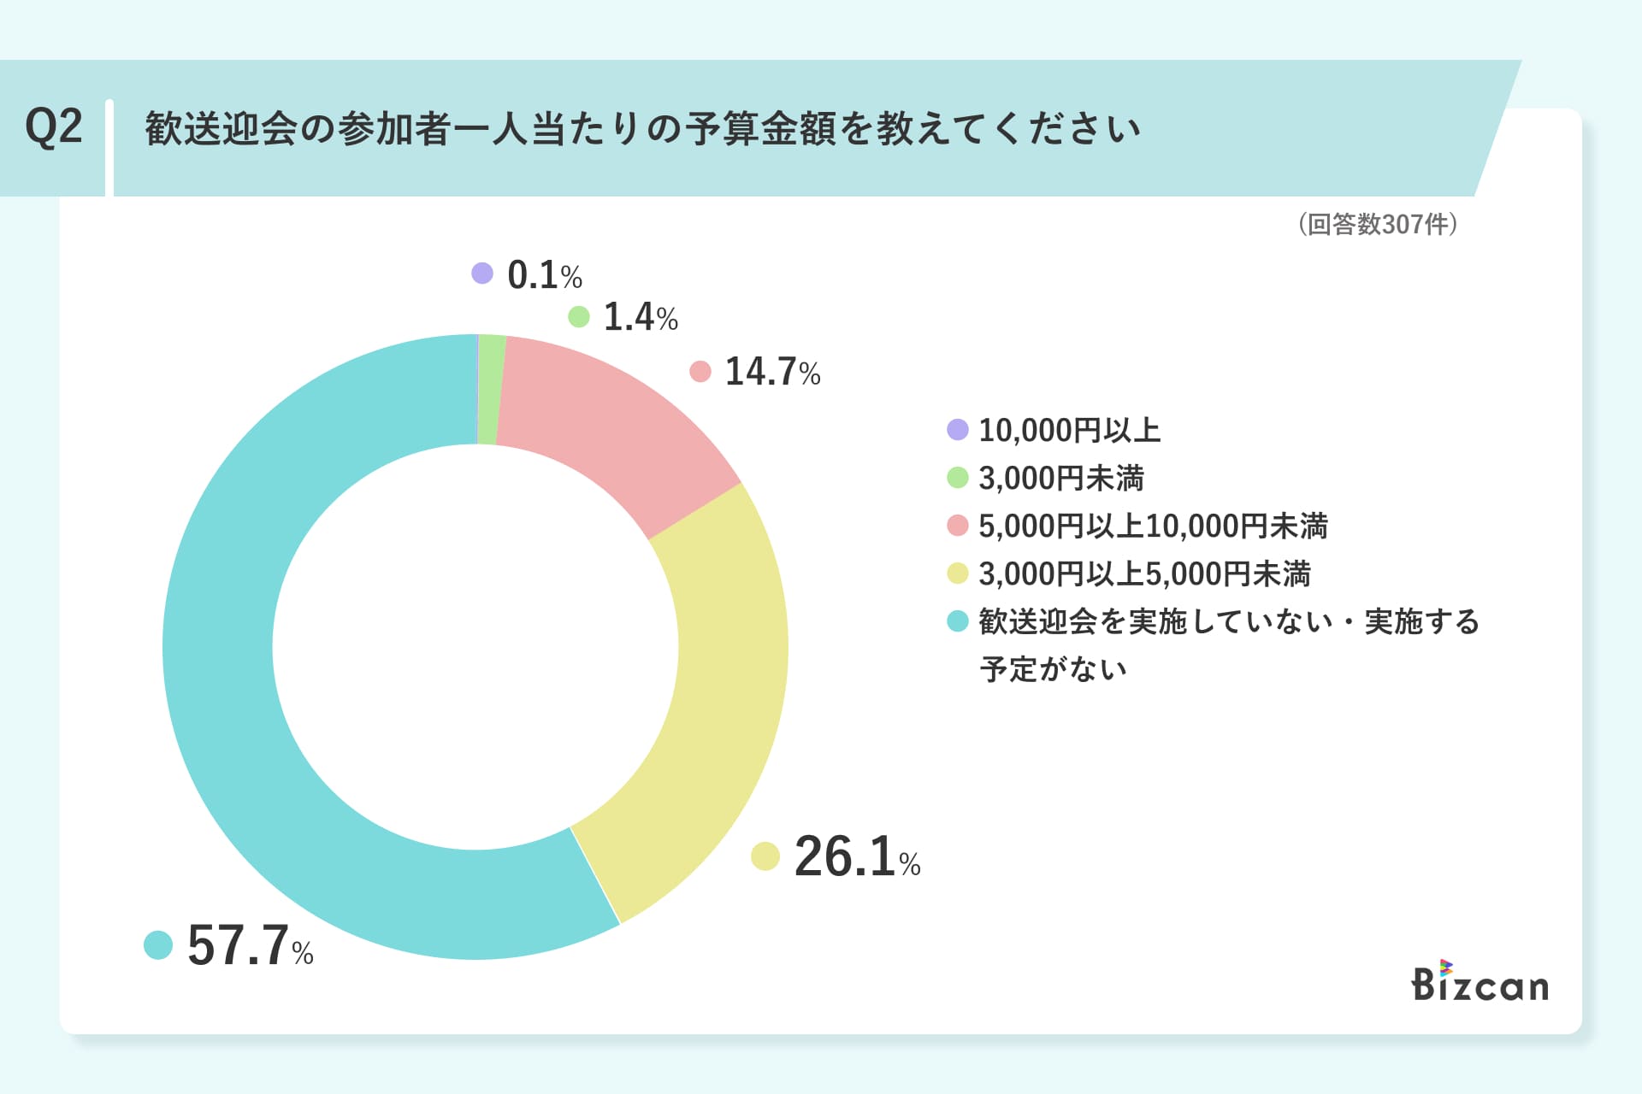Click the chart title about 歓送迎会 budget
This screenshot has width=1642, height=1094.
[641, 129]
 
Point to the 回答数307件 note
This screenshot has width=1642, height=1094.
[1378, 224]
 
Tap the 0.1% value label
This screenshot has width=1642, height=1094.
[544, 275]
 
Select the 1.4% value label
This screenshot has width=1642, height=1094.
[640, 317]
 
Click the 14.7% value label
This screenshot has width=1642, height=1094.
[771, 372]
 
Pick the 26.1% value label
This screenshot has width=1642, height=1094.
[856, 856]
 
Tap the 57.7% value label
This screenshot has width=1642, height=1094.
[249, 946]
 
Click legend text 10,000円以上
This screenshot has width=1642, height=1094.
[1069, 430]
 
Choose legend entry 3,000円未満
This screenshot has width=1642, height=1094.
[1060, 478]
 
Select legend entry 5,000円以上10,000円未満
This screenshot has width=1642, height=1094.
[1152, 526]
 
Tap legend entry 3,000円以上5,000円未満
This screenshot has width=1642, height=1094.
[1143, 573]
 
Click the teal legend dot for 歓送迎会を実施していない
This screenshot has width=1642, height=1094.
[958, 621]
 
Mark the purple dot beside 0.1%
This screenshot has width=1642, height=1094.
[482, 273]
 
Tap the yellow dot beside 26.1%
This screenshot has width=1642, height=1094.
[765, 856]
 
